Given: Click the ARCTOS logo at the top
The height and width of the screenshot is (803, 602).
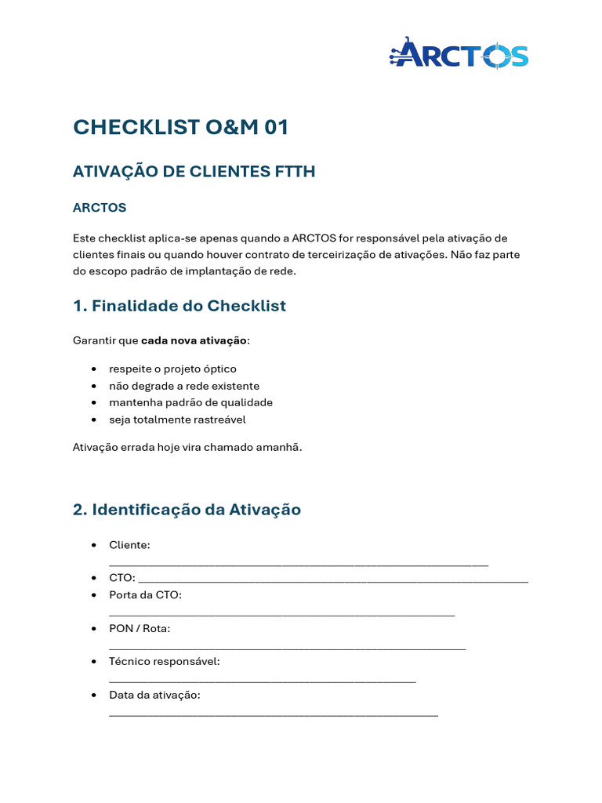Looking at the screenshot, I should tap(459, 55).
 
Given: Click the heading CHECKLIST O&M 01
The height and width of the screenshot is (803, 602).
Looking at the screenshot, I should tap(180, 127).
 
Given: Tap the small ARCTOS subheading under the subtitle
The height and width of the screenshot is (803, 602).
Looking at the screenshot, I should tap(100, 208).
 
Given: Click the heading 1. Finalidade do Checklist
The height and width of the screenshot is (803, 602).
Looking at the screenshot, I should tap(180, 306).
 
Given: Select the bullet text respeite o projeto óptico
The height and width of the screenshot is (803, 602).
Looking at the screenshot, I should tap(172, 369).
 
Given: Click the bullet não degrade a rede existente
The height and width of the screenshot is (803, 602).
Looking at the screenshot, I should tap(184, 386).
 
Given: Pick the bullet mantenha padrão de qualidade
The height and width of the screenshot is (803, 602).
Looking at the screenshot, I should tap(190, 402).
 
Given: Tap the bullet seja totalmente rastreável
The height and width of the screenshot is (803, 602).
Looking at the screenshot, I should tap(177, 420).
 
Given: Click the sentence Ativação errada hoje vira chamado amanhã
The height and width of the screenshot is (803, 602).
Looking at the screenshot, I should tap(187, 447).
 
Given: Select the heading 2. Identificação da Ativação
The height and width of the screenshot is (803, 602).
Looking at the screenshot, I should tap(187, 510).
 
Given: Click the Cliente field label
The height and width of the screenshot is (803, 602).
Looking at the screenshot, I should tap(129, 545).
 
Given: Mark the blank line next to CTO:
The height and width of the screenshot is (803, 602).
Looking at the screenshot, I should tap(333, 580).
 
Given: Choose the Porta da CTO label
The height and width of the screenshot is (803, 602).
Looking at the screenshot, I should tap(145, 595).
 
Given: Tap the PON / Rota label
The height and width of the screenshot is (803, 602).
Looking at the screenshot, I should tap(140, 629).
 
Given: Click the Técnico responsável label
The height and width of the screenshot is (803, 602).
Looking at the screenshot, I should tap(165, 662).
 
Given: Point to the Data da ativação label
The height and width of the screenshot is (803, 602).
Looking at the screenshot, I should tap(155, 696).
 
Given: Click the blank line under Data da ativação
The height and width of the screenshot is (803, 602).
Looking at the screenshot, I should tap(273, 714).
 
